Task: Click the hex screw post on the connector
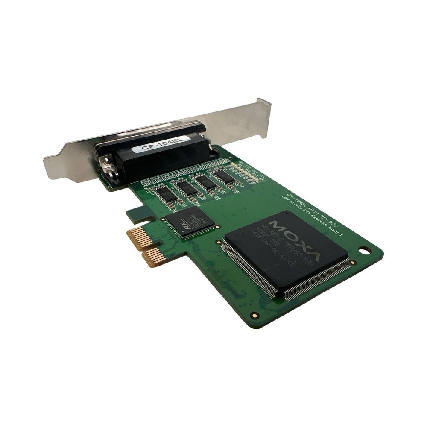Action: click(x=105, y=162)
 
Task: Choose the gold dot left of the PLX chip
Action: click(x=163, y=220)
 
